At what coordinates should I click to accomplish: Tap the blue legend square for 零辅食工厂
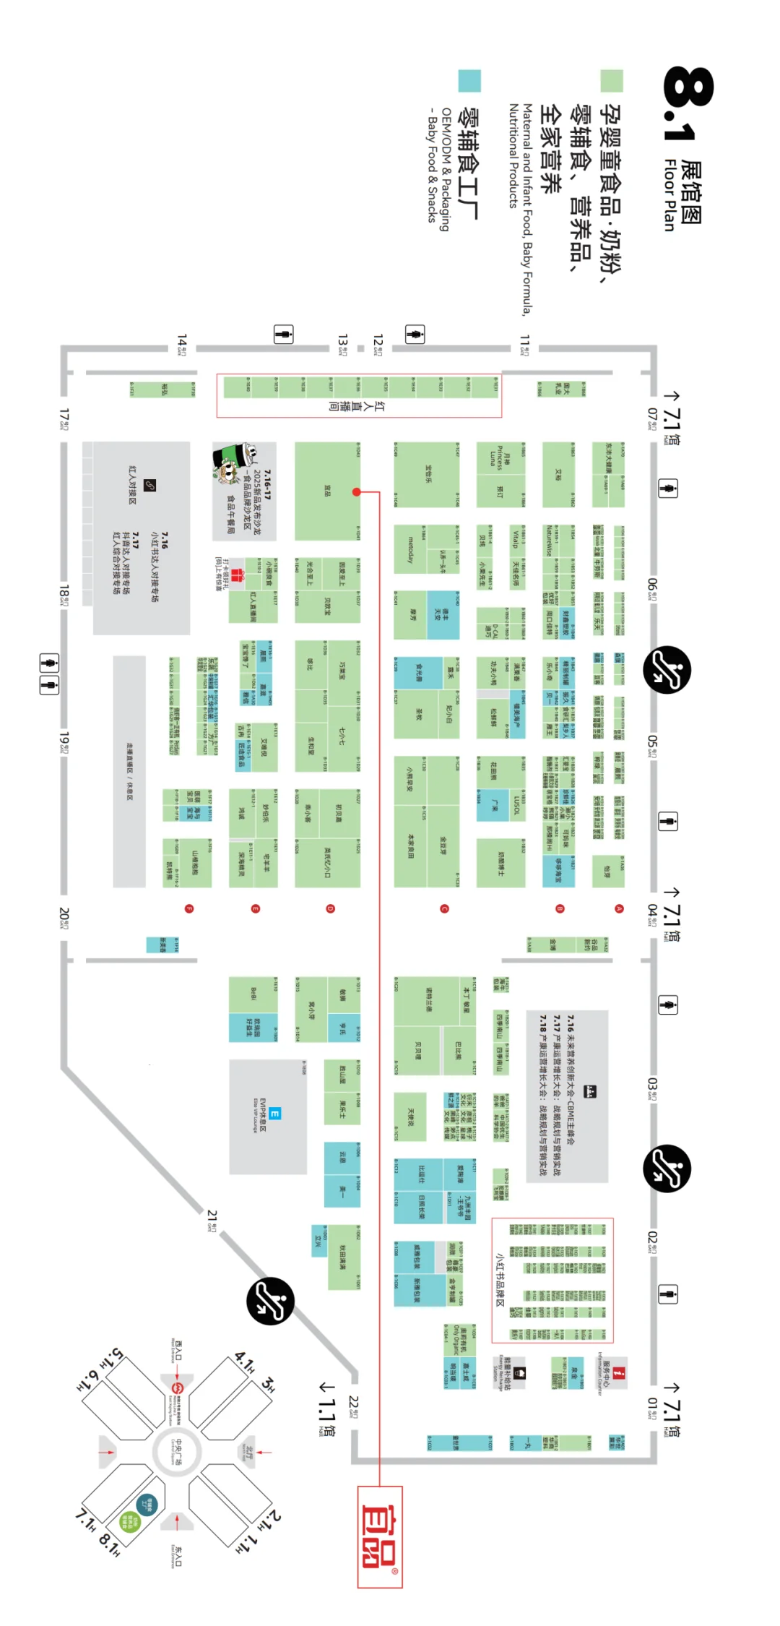[x=469, y=80]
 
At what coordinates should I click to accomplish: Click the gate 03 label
[x=652, y=1087]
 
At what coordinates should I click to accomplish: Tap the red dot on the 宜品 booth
[x=356, y=491]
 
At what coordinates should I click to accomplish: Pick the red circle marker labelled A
[x=619, y=908]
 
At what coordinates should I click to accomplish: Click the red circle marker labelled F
[x=189, y=908]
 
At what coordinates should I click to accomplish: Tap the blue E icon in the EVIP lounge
[x=274, y=1114]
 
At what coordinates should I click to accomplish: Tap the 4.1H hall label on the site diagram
[x=245, y=1363]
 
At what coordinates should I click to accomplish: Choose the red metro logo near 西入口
[x=178, y=1388]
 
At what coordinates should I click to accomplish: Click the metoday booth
[x=410, y=550]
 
